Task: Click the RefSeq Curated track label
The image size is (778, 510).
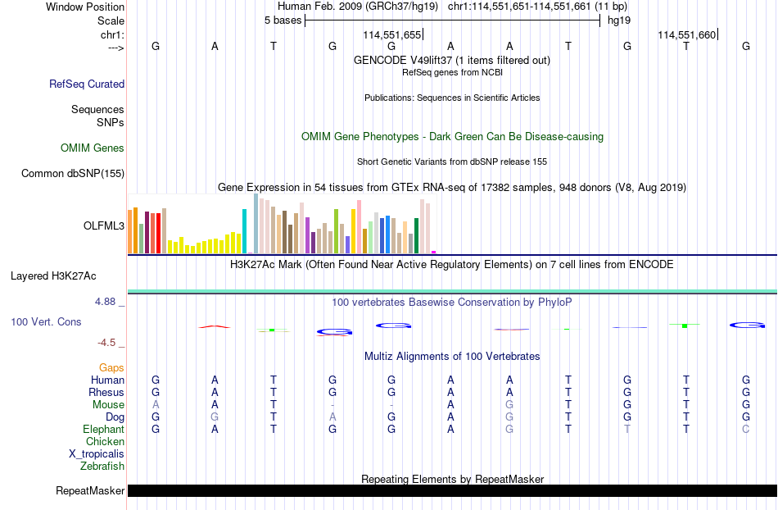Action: pyautogui.click(x=87, y=84)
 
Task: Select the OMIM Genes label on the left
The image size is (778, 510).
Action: pyautogui.click(x=93, y=148)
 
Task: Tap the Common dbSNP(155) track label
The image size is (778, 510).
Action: pyautogui.click(x=73, y=173)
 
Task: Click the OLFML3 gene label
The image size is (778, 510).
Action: pyautogui.click(x=104, y=226)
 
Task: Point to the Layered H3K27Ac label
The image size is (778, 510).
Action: pyautogui.click(x=53, y=276)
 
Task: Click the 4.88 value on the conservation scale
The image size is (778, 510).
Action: pyautogui.click(x=105, y=302)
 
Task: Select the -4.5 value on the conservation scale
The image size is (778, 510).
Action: pyautogui.click(x=106, y=343)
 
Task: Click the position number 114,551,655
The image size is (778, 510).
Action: pyautogui.click(x=392, y=34)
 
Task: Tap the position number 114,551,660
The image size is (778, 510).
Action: pyautogui.click(x=687, y=34)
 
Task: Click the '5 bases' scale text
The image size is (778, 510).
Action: pyautogui.click(x=283, y=20)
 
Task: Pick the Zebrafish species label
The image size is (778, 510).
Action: pyautogui.click(x=102, y=466)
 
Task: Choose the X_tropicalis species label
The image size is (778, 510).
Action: pyautogui.click(x=97, y=454)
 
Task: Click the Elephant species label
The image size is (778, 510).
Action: pyautogui.click(x=104, y=429)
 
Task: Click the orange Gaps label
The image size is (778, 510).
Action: pyautogui.click(x=111, y=367)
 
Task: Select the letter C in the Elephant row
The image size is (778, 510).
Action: pyautogui.click(x=746, y=429)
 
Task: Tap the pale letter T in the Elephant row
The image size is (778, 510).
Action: pyautogui.click(x=627, y=429)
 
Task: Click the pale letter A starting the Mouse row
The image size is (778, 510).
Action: pyautogui.click(x=156, y=405)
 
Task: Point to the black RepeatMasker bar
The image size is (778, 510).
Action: pyautogui.click(x=453, y=490)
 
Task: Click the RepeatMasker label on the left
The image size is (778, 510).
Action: pyautogui.click(x=90, y=490)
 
